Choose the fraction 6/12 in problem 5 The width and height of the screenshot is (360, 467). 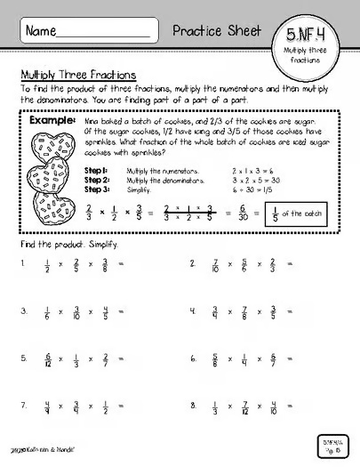(47, 359)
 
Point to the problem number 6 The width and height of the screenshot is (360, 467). (193, 359)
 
